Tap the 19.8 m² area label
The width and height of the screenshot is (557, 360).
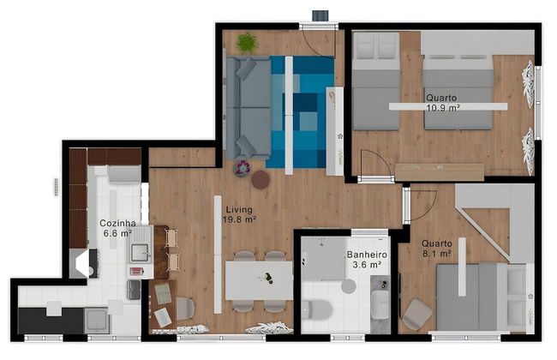click(240, 219)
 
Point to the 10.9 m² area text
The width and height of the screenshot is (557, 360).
click(444, 108)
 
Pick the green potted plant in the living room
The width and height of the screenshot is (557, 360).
click(247, 41)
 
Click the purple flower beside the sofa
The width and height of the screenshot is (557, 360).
click(243, 167)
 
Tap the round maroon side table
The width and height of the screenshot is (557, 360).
click(261, 179)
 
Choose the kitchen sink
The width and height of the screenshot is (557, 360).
click(140, 252)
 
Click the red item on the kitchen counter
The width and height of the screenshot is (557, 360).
click(135, 272)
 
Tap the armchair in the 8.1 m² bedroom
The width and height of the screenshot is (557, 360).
click(417, 313)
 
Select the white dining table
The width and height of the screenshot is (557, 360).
click(258, 279)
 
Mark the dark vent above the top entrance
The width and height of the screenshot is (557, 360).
click(320, 15)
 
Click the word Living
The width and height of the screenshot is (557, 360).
click(239, 209)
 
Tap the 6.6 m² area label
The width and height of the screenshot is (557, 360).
click(117, 233)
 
